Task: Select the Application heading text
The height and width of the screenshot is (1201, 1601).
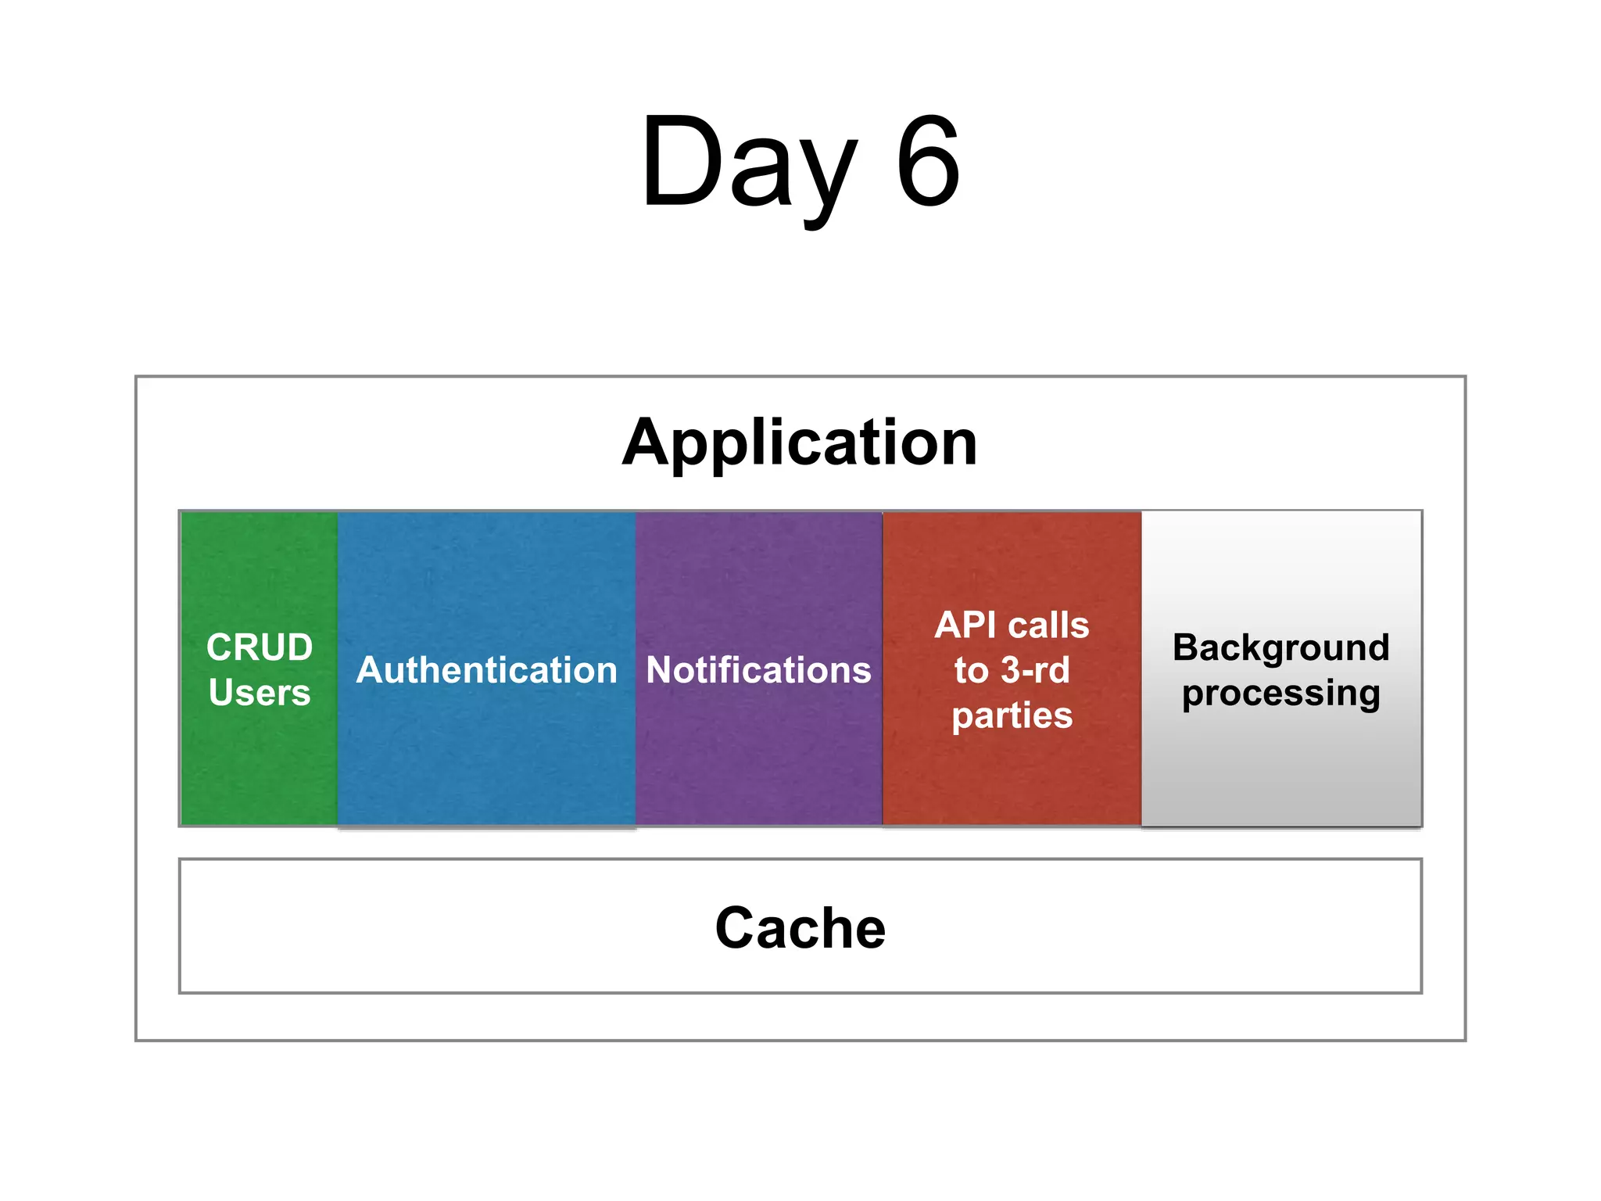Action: (800, 443)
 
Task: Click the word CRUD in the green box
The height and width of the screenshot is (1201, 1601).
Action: (260, 647)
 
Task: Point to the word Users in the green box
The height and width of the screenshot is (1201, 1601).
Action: (260, 693)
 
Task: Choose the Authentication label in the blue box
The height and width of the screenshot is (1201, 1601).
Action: (486, 670)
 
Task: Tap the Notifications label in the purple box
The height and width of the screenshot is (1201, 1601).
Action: (758, 670)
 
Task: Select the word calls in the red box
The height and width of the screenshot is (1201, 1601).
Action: (1048, 626)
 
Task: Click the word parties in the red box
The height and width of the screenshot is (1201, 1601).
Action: (1012, 715)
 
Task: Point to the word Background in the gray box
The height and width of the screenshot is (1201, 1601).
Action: (1280, 647)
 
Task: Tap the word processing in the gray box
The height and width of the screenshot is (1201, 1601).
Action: (1280, 694)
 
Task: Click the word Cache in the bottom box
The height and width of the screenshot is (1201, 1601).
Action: (800, 928)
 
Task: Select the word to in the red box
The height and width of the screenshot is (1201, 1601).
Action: (971, 671)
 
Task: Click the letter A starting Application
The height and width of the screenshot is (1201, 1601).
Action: (643, 443)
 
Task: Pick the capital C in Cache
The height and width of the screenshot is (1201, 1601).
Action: (738, 928)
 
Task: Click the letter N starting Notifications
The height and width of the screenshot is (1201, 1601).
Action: (659, 670)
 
